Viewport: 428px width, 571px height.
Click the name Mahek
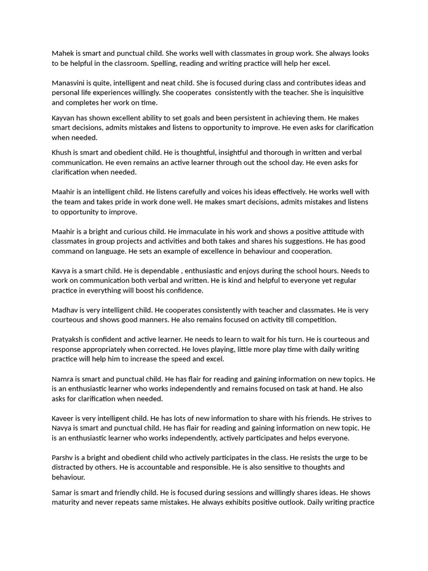click(x=64, y=54)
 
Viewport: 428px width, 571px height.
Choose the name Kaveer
click(x=64, y=418)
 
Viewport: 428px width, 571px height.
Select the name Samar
click(x=64, y=493)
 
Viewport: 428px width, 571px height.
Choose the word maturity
click(x=68, y=502)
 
